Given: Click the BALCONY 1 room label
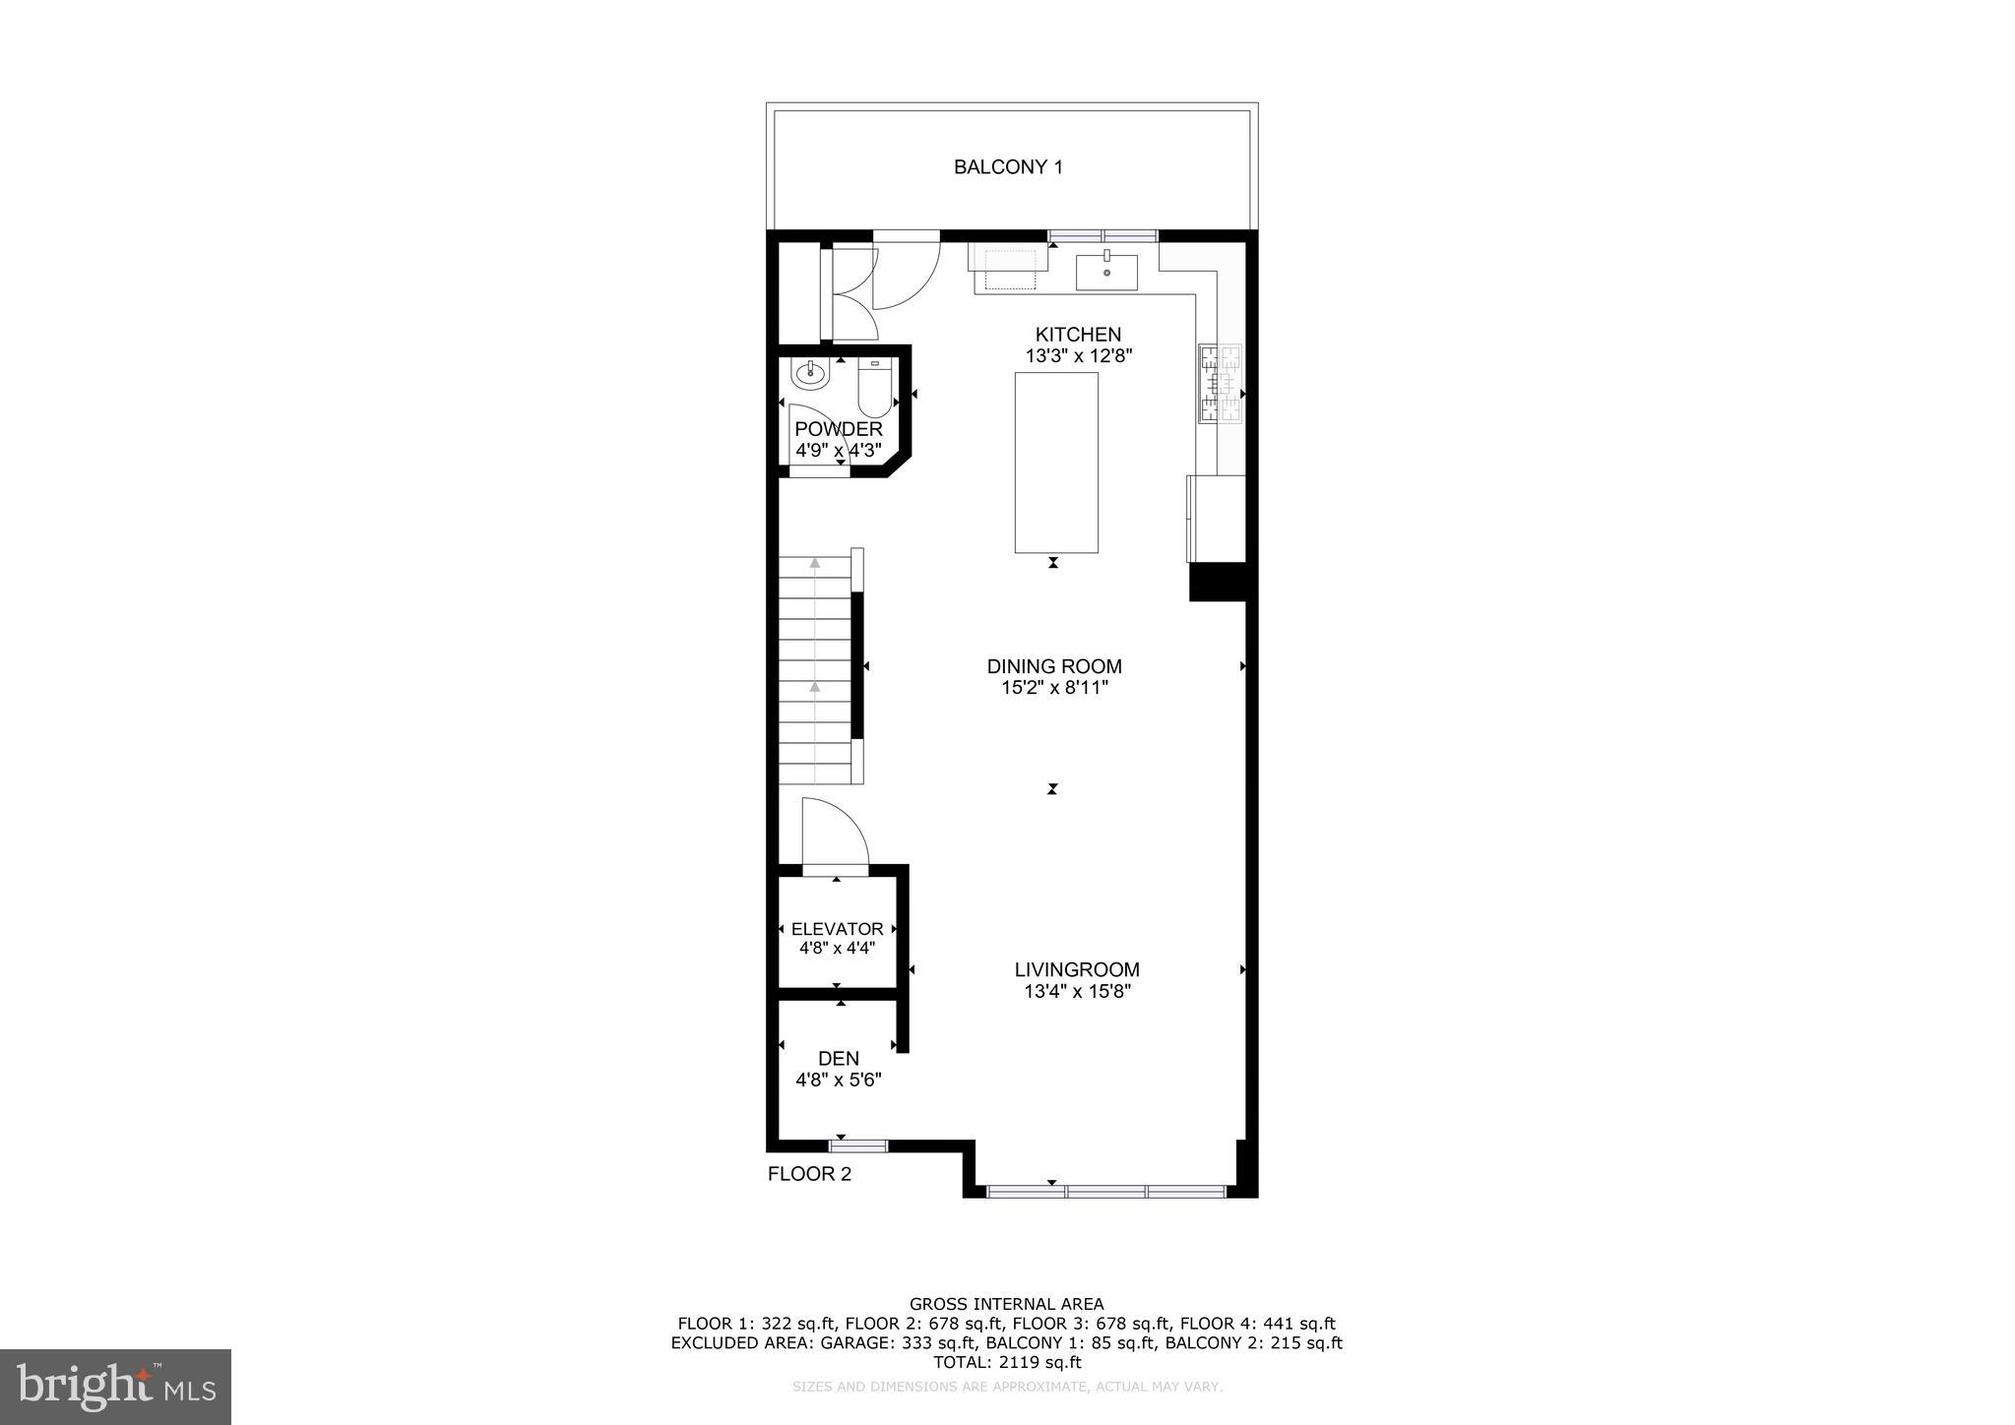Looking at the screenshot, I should (1008, 167).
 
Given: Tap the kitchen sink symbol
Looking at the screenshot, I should (1106, 272).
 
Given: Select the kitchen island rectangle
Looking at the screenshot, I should (1056, 462).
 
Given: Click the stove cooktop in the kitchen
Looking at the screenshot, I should (1221, 384).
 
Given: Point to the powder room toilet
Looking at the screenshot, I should (873, 388).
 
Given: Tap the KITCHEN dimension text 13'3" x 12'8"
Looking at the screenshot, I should (1079, 356).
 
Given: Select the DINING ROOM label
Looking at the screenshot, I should (1054, 666).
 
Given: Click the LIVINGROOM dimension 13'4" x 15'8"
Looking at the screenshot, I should (1077, 991).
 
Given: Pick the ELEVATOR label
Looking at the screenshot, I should (837, 929).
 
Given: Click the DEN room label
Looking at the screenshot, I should (839, 1058).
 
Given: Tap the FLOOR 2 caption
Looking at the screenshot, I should (809, 1174).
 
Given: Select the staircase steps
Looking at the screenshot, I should (815, 669).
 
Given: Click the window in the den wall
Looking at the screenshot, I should (858, 1145).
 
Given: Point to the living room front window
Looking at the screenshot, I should (1106, 1192).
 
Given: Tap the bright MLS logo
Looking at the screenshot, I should (115, 1387).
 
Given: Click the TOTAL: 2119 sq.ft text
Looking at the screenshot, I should (1007, 1362).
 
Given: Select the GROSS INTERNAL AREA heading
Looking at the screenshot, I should (1007, 1305).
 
